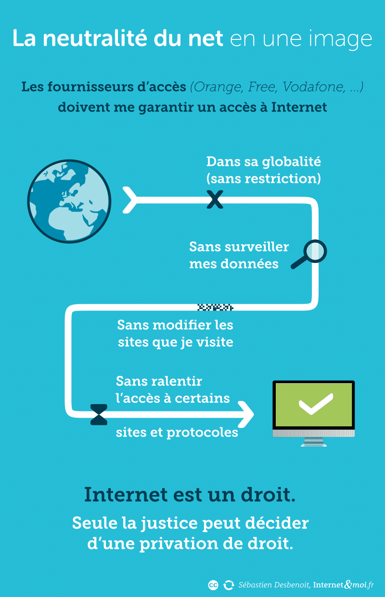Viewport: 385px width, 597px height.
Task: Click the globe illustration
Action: [x=69, y=201]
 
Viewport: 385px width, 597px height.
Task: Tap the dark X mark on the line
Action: [x=215, y=199]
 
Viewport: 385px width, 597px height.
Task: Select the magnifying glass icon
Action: [x=309, y=254]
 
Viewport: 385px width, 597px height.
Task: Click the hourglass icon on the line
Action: [x=99, y=415]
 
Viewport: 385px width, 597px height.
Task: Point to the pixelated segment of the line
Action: [x=215, y=307]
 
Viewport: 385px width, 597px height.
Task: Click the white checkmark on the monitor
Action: [x=316, y=404]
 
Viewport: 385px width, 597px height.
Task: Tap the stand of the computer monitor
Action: [x=314, y=442]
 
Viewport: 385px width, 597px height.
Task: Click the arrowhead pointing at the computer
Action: [x=246, y=415]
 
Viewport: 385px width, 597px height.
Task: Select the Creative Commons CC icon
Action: [x=213, y=585]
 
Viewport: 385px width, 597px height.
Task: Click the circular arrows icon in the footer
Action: [x=229, y=585]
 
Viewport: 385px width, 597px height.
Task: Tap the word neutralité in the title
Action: [x=95, y=38]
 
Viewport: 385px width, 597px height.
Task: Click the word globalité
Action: [x=291, y=162]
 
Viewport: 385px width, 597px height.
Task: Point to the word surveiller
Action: [x=257, y=247]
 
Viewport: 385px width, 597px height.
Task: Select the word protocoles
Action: [x=202, y=433]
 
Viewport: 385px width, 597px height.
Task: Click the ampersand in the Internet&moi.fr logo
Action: [x=348, y=585]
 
